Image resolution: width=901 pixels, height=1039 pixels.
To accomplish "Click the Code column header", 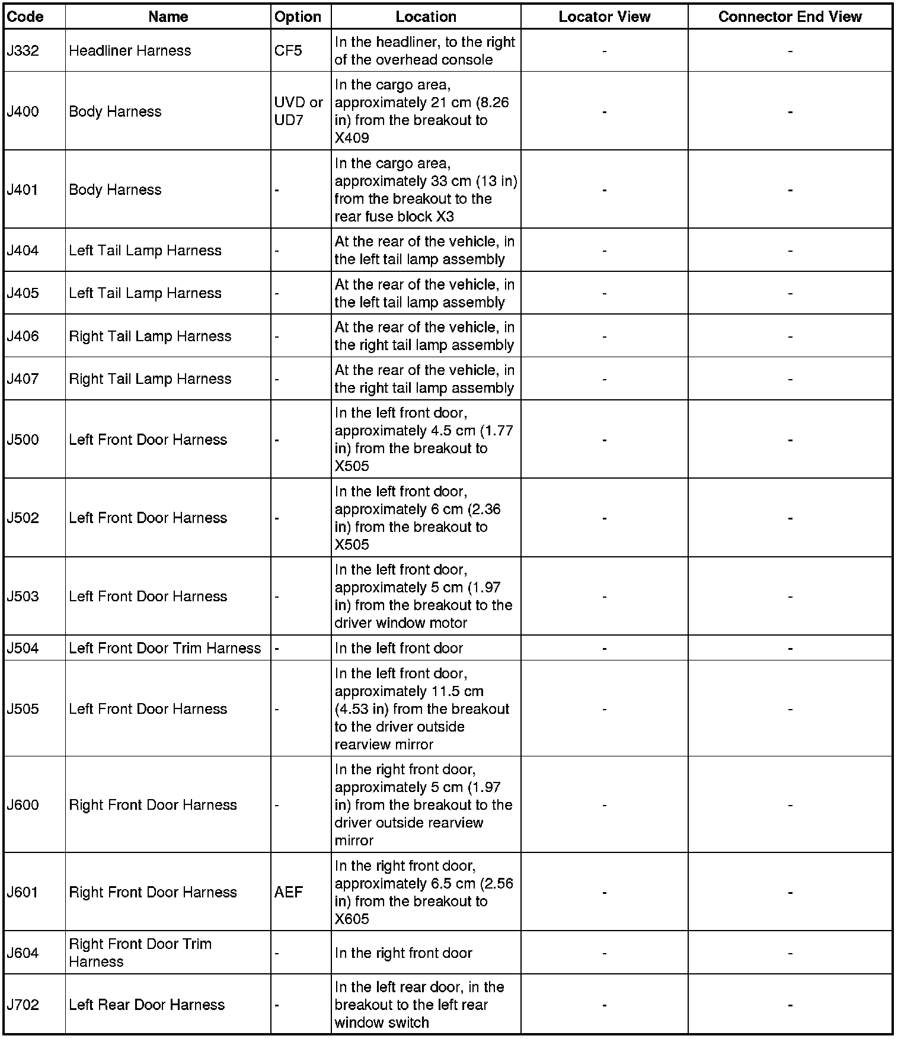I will pos(25,17).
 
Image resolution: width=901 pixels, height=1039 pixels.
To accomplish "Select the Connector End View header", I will pos(790,17).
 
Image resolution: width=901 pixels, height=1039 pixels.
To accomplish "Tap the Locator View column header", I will pos(604,17).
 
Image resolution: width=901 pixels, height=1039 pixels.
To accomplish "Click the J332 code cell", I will pos(23,51).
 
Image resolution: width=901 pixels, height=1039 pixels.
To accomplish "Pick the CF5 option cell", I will pos(288,51).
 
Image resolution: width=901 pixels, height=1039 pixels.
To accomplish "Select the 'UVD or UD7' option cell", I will pos(298,111).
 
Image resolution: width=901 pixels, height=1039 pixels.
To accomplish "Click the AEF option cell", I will pos(289,892).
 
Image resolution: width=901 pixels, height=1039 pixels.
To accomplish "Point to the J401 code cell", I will pos(23,190).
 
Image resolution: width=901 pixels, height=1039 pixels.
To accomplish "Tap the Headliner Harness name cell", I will pos(130,51).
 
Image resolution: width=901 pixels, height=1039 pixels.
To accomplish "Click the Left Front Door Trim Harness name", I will pos(165,648).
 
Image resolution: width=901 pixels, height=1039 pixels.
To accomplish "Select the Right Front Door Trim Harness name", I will pos(140,953).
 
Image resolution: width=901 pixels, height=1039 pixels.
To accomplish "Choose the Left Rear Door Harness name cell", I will pos(146,1005).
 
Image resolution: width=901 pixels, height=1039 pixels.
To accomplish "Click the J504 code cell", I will pos(23,648).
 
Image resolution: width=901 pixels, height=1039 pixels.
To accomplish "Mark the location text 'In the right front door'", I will pos(403,953).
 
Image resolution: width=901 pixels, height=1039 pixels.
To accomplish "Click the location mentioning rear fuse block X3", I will pos(425,190).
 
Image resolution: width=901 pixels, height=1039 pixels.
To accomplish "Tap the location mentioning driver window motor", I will pos(423,596).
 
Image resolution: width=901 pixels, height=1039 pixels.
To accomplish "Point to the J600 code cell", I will pos(23,805).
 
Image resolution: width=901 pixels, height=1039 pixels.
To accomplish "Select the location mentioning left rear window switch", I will pos(419,1005).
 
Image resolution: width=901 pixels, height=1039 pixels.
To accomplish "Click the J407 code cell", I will pos(23,379).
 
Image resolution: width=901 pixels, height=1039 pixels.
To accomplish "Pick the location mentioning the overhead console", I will pos(424,51).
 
